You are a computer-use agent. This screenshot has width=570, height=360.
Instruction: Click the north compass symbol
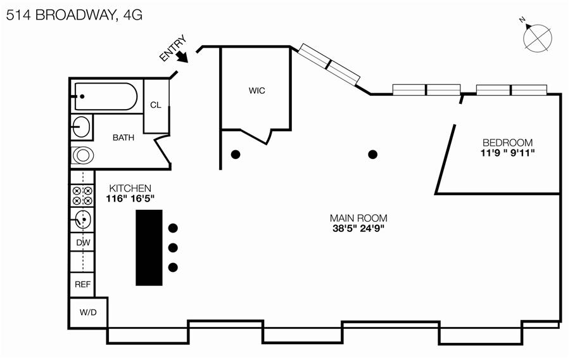[538, 37]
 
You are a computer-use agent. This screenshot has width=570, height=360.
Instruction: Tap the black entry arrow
[182, 56]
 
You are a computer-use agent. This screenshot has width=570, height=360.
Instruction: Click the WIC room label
[256, 91]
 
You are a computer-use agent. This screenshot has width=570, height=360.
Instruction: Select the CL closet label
[156, 105]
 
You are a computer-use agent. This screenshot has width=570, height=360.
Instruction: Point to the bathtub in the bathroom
[106, 97]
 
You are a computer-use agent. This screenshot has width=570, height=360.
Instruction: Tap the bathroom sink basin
[81, 126]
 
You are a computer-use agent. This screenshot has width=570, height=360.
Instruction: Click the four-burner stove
[82, 195]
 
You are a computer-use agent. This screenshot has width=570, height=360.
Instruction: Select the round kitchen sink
[82, 220]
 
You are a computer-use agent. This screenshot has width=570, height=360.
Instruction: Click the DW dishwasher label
[82, 243]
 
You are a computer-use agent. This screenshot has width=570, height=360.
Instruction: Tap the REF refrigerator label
[82, 285]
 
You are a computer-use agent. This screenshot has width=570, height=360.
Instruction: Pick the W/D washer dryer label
[88, 313]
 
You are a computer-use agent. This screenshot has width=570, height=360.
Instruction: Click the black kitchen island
[149, 247]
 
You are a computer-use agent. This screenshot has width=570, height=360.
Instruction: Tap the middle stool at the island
[173, 247]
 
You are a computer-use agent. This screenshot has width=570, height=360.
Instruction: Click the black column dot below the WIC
[236, 154]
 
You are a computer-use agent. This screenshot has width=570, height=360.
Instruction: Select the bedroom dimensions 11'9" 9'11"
[507, 153]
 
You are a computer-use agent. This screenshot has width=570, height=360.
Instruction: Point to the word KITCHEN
[130, 188]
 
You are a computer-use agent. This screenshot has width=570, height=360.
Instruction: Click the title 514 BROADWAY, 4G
[74, 16]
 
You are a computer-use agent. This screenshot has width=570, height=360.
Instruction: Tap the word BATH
[123, 138]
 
